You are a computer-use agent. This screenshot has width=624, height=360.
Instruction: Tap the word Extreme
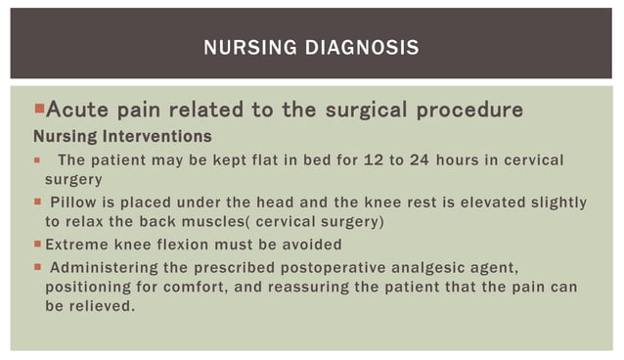[77, 245]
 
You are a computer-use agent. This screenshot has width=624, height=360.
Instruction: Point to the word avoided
[310, 245]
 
